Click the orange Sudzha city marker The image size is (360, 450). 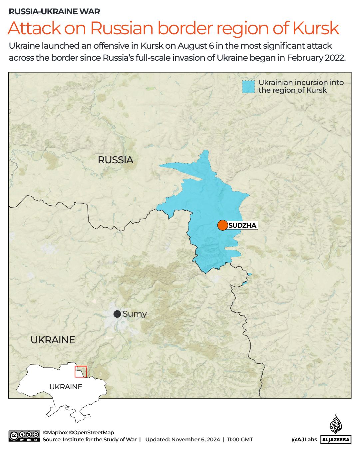222,225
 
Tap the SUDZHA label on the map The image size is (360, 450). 242,225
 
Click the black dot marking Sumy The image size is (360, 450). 117,314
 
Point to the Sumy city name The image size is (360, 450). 135,314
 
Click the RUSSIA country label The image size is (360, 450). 116,160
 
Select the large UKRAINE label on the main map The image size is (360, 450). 53,340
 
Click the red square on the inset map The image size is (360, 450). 81,372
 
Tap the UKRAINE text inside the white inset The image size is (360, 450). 66,387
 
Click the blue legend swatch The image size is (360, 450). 248,87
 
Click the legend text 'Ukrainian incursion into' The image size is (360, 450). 301,82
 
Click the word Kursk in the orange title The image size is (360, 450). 316,28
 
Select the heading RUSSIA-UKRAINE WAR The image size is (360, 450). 54,12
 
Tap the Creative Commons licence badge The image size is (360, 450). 24,436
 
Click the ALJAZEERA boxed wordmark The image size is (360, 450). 336,440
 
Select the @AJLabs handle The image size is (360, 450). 304,440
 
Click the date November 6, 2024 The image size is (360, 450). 195,440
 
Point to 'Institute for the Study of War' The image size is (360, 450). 100,440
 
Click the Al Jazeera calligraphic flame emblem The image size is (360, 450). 336,424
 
